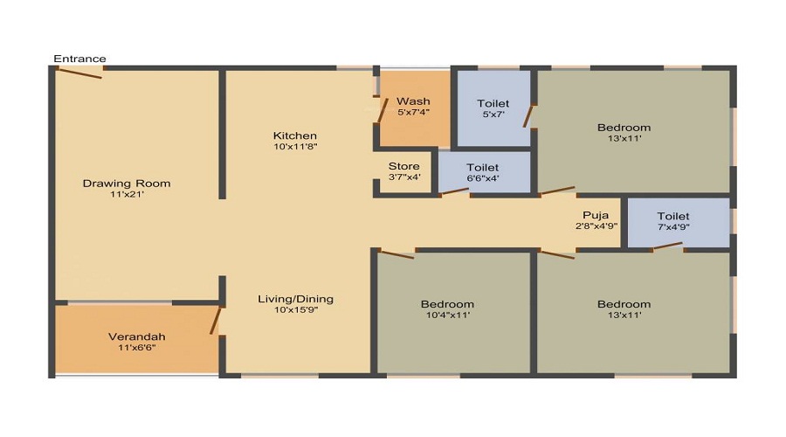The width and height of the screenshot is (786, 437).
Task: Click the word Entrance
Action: coord(79,59)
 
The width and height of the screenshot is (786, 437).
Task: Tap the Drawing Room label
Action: coord(127,184)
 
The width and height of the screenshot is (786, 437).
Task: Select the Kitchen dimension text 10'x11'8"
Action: coord(295,148)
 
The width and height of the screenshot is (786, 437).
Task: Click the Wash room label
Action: coord(413,101)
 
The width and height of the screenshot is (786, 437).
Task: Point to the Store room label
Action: coord(403,166)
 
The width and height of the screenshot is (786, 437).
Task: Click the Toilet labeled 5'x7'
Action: coord(493,104)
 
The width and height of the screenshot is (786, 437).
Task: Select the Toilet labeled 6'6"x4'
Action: coord(482,167)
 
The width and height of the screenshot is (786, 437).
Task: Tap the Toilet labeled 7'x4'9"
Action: coord(673,216)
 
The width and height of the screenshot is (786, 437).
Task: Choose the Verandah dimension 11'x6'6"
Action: coord(136,348)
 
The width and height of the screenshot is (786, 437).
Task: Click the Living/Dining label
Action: coord(295,299)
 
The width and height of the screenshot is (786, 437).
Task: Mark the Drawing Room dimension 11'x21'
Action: coord(127,195)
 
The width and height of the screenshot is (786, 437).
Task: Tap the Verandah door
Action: coord(214,321)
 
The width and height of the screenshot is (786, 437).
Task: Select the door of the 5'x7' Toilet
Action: coord(528,114)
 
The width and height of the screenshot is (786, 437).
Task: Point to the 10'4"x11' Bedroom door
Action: coord(396,253)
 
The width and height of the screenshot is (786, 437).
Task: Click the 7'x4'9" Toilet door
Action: coord(668,247)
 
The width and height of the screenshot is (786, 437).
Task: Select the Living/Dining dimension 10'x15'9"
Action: coord(295,310)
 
